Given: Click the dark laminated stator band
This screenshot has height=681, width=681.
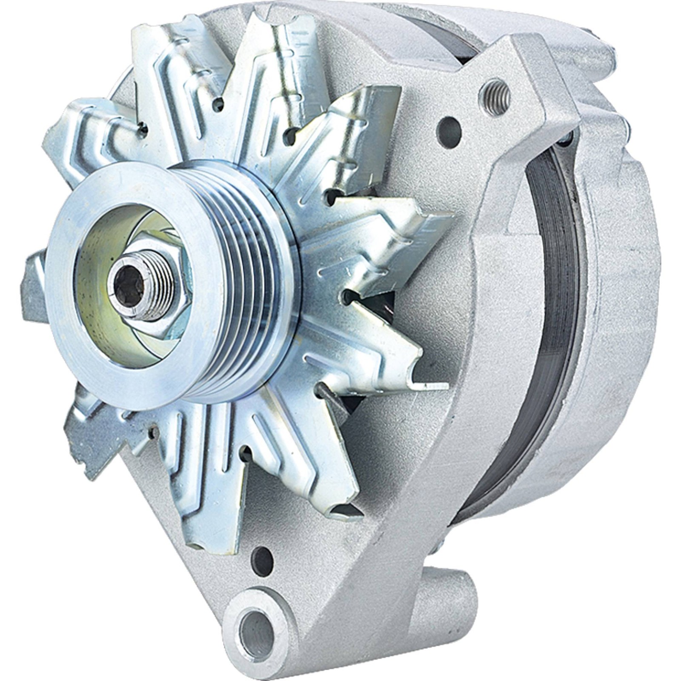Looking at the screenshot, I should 549,298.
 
